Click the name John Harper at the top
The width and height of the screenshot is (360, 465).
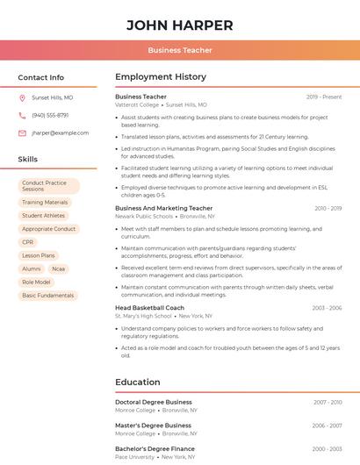point(180,25)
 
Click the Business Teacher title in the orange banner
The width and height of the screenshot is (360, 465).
point(180,50)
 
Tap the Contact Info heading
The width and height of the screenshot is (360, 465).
point(41,77)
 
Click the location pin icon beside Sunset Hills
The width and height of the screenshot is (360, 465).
point(22,98)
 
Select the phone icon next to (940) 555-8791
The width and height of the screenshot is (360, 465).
point(22,116)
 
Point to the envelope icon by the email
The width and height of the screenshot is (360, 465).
point(22,133)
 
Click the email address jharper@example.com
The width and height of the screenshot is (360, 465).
point(61,133)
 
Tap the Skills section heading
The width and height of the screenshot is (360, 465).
point(28,160)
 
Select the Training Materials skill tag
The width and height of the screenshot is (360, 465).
point(45,202)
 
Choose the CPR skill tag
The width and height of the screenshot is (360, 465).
point(28,242)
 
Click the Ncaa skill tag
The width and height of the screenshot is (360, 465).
point(59,268)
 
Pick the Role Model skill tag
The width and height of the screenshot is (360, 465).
point(36,283)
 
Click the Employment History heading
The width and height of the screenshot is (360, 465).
point(161,77)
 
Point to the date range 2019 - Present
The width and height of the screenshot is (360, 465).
point(324,97)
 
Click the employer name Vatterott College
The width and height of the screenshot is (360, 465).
point(137,104)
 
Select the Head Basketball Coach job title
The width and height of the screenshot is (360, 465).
point(150,308)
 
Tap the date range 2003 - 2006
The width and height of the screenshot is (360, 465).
point(327,308)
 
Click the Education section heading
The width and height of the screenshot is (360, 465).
point(138,383)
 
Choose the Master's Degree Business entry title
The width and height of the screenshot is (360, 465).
point(153,426)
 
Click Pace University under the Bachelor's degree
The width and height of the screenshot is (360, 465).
point(134,456)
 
